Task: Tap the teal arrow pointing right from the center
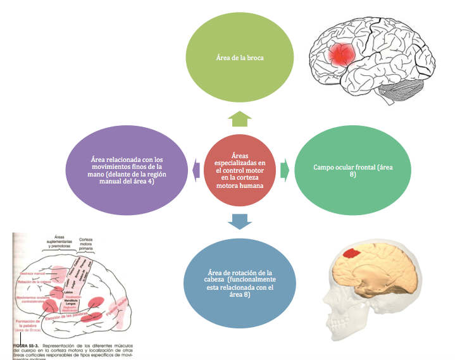(285, 169)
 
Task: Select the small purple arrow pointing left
(197, 168)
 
